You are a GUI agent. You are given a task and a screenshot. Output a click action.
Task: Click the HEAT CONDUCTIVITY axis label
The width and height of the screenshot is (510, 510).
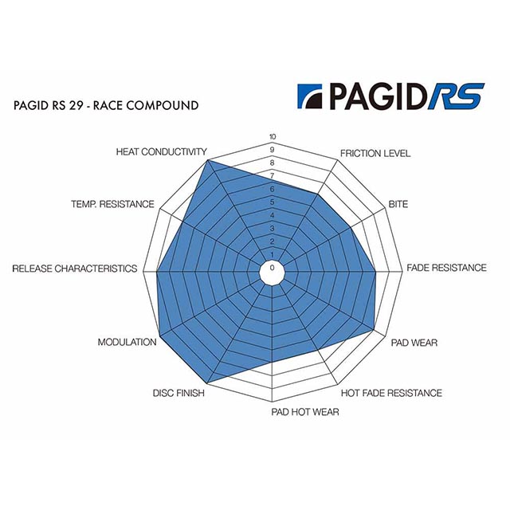pyautogui.click(x=161, y=152)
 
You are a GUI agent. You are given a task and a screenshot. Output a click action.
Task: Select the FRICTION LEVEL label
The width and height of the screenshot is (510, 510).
pyautogui.click(x=375, y=154)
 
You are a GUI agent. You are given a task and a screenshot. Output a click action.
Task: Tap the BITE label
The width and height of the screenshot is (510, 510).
pyautogui.click(x=398, y=204)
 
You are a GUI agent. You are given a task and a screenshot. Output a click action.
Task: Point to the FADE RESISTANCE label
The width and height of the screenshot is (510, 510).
pyautogui.click(x=446, y=268)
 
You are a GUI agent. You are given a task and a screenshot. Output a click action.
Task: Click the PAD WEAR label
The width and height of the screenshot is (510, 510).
pyautogui.click(x=414, y=343)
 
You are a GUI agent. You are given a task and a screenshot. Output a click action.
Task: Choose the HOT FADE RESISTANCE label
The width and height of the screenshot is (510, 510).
pyautogui.click(x=391, y=393)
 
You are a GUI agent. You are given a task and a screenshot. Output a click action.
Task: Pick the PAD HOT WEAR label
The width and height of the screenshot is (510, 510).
pyautogui.click(x=305, y=412)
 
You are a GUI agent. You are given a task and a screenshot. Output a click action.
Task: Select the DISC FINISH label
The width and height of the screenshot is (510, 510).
pyautogui.click(x=178, y=393)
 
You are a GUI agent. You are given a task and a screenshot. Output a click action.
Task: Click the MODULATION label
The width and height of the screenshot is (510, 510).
pyautogui.click(x=127, y=342)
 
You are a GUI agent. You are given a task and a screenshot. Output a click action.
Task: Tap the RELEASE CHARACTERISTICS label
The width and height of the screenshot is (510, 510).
pyautogui.click(x=75, y=269)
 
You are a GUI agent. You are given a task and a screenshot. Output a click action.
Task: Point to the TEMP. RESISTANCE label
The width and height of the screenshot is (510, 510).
pyautogui.click(x=112, y=204)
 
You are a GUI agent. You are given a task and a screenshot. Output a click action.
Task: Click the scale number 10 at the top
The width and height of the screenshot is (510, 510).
pyautogui.click(x=273, y=137)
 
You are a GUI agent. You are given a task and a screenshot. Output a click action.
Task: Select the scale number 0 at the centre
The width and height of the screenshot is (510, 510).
pyautogui.click(x=273, y=268)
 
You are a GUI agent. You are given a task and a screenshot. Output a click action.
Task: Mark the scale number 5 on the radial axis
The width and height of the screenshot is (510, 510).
pyautogui.click(x=273, y=202)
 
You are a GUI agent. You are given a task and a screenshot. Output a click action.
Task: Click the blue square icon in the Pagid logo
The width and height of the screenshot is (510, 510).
pyautogui.click(x=310, y=96)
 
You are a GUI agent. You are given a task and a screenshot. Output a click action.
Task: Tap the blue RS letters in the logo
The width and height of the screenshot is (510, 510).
pyautogui.click(x=455, y=96)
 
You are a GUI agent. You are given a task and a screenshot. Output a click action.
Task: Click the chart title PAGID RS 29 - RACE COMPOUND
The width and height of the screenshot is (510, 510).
pyautogui.click(x=106, y=106)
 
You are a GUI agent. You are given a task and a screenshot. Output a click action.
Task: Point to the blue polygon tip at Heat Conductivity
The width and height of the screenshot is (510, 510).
pyautogui.click(x=208, y=160)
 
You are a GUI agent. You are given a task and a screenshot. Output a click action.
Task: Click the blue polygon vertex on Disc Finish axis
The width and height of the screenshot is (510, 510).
pyautogui.click(x=207, y=382)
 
